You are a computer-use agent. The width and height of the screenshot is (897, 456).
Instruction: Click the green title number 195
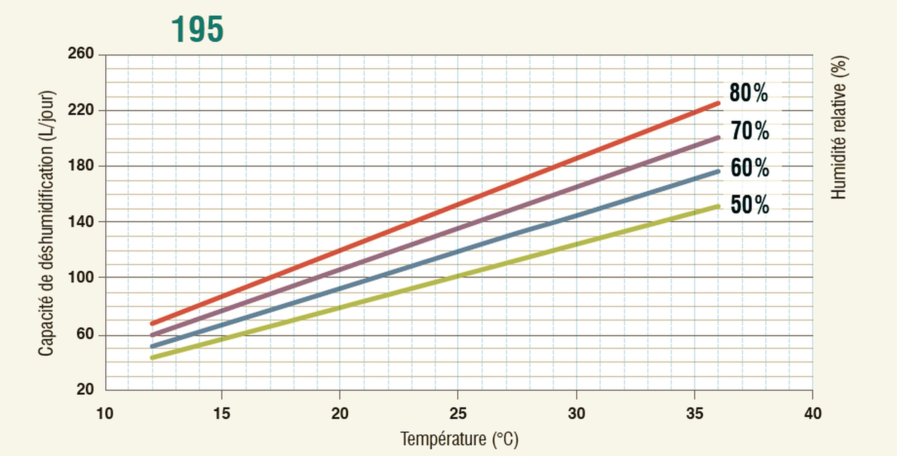197,30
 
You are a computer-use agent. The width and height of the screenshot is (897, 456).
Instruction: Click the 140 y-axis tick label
81,222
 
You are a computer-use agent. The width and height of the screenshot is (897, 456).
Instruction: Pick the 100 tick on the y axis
81,277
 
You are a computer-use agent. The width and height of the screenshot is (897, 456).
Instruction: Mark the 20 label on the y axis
85,389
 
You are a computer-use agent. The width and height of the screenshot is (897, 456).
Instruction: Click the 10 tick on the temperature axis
105,414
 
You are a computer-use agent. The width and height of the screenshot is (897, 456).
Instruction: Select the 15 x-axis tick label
222,414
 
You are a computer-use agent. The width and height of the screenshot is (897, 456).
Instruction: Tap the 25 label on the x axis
457,414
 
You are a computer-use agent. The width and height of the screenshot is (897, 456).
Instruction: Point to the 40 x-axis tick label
813,414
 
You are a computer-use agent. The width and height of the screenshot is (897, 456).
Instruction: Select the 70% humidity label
749,131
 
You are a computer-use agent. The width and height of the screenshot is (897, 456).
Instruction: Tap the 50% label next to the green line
749,205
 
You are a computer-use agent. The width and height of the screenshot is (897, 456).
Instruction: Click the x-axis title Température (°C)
459,439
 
